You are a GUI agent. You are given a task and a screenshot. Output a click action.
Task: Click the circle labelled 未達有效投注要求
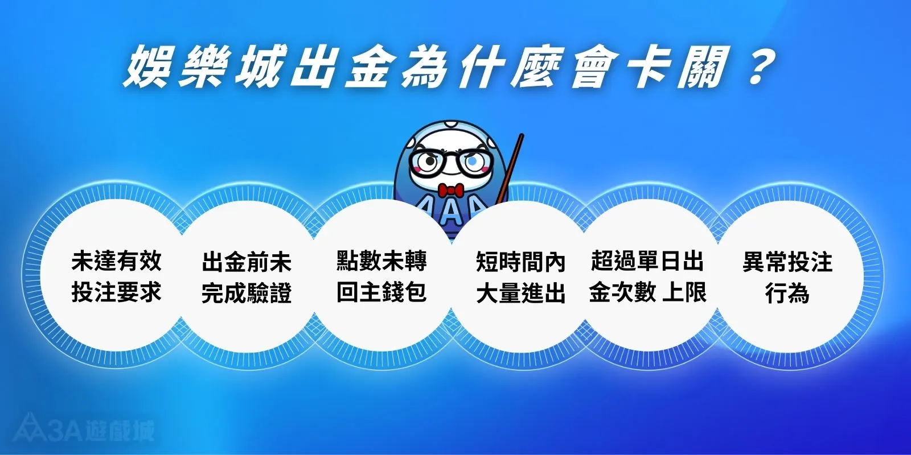coord(117,276)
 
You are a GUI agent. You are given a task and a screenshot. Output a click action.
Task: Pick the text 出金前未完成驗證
coord(247,278)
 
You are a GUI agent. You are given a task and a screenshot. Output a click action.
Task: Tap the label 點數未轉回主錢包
coord(381,276)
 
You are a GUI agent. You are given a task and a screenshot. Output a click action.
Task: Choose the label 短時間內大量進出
coord(520,278)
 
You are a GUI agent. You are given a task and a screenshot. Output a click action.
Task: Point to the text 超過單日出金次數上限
coord(647,276)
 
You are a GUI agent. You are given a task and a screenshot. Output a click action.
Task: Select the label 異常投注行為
coord(787,278)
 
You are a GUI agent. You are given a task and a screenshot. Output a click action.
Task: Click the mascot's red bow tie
coord(450,189)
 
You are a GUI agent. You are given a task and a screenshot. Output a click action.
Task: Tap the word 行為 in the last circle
coord(787,293)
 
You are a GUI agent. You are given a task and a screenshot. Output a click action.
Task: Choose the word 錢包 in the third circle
coord(404,292)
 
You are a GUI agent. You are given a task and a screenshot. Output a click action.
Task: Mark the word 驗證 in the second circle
coord(269,293)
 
